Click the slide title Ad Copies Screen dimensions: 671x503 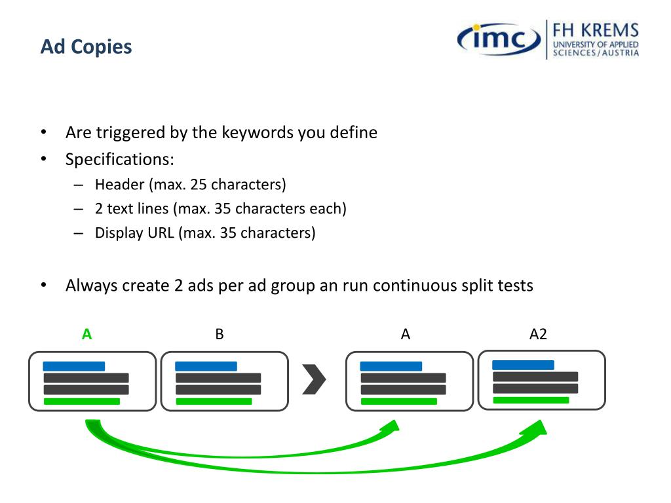click(86, 47)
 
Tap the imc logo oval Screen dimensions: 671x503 click(499, 39)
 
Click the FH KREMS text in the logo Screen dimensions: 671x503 click(596, 30)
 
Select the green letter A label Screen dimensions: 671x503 click(87, 334)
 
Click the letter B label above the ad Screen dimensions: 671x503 click(220, 334)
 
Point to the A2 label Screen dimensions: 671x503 click(539, 334)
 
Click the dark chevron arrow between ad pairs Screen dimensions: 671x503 click(314, 379)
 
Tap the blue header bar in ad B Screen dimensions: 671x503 click(206, 366)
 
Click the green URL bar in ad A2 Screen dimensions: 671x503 click(531, 400)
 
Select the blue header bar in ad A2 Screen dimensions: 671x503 click(523, 365)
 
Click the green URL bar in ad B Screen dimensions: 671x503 click(214, 401)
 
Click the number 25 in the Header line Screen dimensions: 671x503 click(199, 184)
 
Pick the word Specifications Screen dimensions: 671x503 click(120, 160)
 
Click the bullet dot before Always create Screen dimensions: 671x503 click(44, 285)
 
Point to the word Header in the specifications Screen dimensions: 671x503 click(120, 184)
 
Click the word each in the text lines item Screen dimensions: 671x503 click(326, 209)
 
